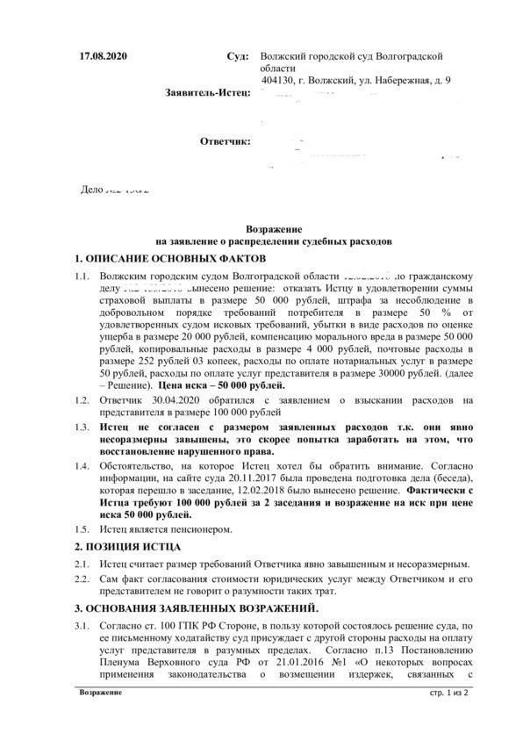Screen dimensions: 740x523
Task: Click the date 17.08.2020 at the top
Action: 104,56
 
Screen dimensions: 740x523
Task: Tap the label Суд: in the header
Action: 238,56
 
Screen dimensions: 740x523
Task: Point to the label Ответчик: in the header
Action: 226,140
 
